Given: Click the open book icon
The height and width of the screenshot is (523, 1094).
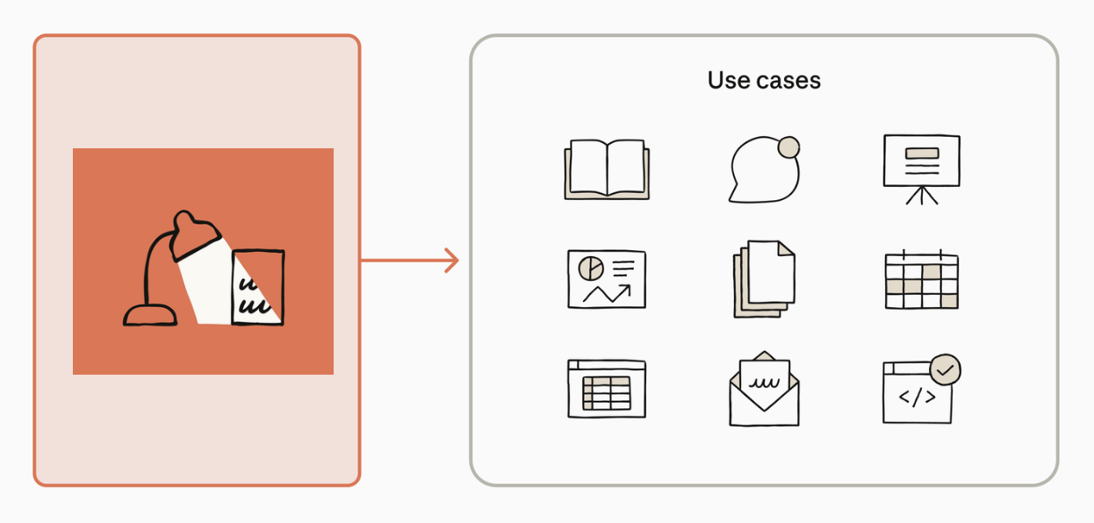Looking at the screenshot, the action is [x=607, y=169].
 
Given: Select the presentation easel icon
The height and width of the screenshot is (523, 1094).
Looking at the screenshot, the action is [x=922, y=169].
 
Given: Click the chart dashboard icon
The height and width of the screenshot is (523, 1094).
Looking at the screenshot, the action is [x=607, y=279].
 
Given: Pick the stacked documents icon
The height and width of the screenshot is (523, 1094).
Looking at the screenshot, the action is [x=765, y=279].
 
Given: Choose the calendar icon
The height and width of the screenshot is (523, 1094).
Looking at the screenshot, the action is [x=922, y=279].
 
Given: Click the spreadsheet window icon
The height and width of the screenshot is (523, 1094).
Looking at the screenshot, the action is [x=607, y=389].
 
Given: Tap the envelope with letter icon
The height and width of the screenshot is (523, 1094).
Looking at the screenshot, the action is [x=765, y=389].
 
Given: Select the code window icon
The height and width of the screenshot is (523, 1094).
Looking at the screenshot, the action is [x=918, y=392].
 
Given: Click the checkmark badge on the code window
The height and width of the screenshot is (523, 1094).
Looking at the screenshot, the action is [x=945, y=369].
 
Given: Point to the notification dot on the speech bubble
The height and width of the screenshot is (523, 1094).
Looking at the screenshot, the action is [x=788, y=147].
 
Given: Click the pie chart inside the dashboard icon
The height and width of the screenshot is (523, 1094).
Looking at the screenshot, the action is [x=591, y=269].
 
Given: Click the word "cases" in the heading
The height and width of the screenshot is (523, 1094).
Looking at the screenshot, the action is [x=788, y=81].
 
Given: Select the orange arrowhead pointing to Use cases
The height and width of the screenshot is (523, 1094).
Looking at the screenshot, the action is [x=452, y=261].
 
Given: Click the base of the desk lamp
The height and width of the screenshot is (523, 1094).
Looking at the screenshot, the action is [x=150, y=315].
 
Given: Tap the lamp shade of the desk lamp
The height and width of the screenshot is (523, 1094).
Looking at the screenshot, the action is [x=194, y=235].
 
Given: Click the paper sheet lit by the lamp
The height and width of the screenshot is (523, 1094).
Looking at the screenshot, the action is [x=258, y=287].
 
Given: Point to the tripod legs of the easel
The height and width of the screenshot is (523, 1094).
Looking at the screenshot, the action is [x=922, y=196].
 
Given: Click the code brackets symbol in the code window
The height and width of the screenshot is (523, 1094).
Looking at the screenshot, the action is [x=918, y=397].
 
